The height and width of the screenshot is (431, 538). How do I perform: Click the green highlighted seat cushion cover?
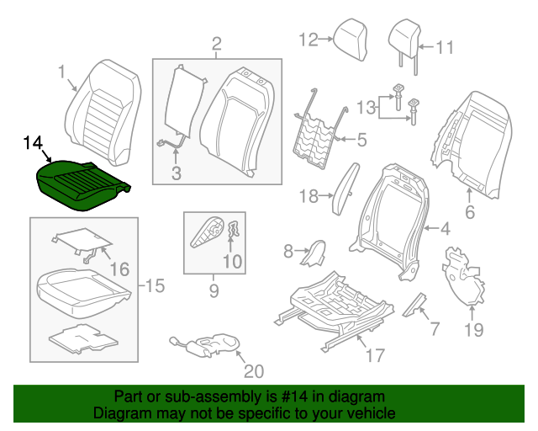click(x=81, y=184)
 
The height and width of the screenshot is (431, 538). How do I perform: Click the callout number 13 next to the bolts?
click(x=366, y=108)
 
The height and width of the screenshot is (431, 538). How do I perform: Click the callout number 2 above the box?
click(x=216, y=43)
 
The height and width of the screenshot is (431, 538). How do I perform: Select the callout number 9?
click(x=213, y=291)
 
